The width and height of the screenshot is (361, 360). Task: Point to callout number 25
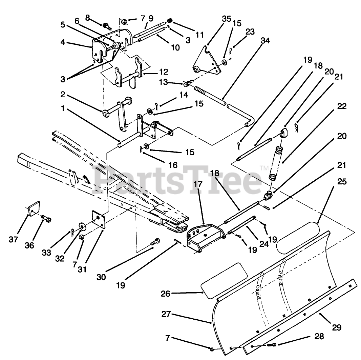click(x=341, y=182)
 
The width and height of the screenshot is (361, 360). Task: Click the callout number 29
click(x=336, y=327)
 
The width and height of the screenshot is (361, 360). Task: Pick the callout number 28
click(x=319, y=337)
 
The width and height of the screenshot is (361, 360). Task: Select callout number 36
click(x=29, y=245)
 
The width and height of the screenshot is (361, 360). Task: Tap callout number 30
click(x=101, y=277)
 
